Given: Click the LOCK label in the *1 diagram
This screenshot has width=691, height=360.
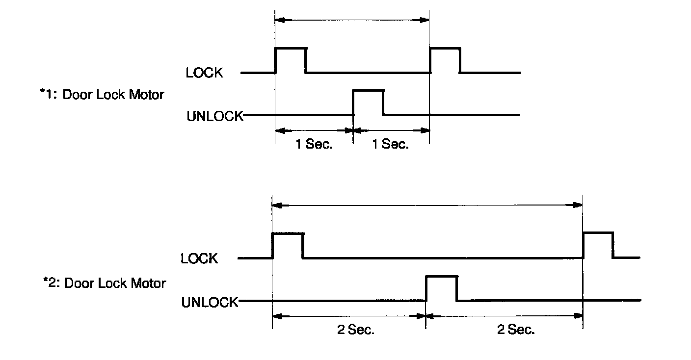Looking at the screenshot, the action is point(205,73).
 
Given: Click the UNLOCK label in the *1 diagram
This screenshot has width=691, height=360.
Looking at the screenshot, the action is point(215,116).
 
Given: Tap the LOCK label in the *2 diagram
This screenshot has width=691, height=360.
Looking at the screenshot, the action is point(199,258).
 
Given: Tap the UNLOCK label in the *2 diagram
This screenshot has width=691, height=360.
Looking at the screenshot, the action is point(210,302).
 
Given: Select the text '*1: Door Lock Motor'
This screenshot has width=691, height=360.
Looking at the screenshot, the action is point(102,94).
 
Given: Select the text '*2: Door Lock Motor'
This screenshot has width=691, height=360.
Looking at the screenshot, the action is point(105,283).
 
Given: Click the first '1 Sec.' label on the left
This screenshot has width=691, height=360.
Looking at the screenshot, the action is point(314,145).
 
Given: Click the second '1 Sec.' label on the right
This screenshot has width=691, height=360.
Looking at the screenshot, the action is point(390,145).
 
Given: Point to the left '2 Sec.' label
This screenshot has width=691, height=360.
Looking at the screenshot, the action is point(356,330).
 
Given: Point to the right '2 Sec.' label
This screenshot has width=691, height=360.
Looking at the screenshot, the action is point(516,330).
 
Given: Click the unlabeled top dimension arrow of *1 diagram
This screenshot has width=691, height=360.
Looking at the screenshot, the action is point(352,20).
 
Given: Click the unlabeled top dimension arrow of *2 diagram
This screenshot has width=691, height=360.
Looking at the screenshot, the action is point(427,205).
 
